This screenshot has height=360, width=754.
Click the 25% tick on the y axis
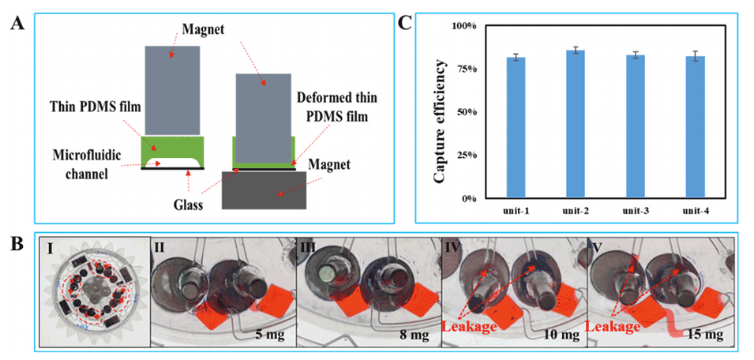coord(464,156)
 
